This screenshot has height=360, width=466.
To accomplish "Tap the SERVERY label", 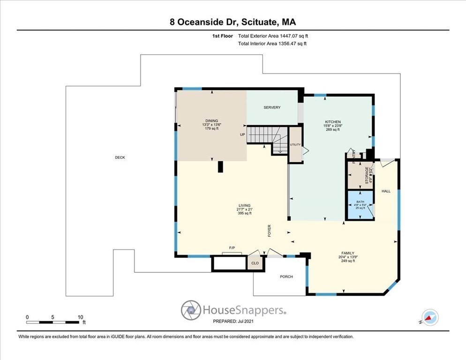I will click(272, 107).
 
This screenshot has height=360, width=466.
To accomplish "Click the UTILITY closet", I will click(295, 145).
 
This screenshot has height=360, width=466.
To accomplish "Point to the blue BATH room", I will click(360, 204).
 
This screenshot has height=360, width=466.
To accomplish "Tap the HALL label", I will click(386, 191).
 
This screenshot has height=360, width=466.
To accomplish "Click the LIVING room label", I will click(244, 205).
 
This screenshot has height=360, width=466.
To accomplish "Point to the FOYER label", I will click(270, 231).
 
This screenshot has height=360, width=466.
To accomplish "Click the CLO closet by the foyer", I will click(255, 263).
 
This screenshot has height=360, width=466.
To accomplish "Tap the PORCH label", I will click(286, 277).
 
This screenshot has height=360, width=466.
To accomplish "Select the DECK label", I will click(120, 157).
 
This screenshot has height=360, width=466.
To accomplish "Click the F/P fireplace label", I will click(232, 247).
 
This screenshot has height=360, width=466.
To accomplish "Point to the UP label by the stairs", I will click(242, 135).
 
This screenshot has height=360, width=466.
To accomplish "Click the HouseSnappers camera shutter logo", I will click(191, 310).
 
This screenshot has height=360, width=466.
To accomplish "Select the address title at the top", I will click(233, 22).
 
